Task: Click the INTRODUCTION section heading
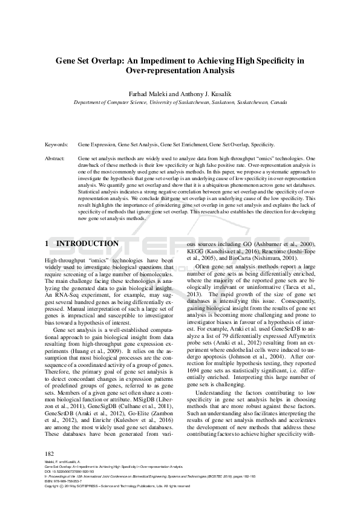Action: tap(87, 244)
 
